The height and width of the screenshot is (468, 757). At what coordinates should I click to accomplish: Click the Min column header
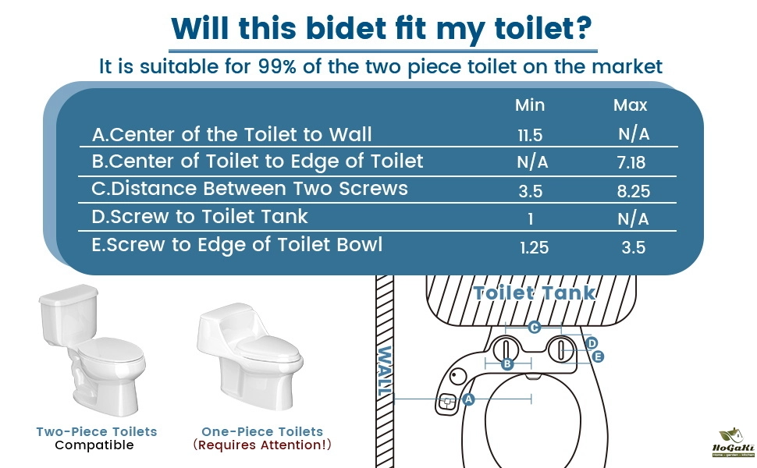pyautogui.click(x=530, y=105)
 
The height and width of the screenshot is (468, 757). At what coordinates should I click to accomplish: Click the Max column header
pyautogui.click(x=630, y=105)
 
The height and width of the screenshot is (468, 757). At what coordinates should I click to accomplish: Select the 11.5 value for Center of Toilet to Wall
pyautogui.click(x=530, y=136)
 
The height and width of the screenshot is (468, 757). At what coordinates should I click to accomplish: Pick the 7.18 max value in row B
pyautogui.click(x=631, y=162)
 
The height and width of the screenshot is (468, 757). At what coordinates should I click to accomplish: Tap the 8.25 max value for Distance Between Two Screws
pyautogui.click(x=634, y=191)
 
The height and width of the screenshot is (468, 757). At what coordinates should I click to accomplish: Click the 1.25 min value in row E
pyautogui.click(x=534, y=247)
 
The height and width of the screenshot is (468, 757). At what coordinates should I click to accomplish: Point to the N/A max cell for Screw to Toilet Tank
pyautogui.click(x=633, y=219)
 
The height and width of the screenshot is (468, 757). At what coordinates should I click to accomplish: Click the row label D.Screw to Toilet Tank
pyautogui.click(x=199, y=217)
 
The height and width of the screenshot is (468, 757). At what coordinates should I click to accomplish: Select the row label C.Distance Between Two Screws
pyautogui.click(x=250, y=189)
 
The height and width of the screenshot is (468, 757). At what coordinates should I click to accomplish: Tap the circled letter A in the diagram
pyautogui.click(x=467, y=399)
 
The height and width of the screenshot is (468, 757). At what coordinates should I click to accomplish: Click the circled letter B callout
pyautogui.click(x=507, y=363)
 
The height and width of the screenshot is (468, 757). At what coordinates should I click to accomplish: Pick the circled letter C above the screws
pyautogui.click(x=534, y=328)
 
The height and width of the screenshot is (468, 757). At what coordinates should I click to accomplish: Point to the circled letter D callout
pyautogui.click(x=592, y=343)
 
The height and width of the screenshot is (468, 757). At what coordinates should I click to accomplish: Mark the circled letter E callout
pyautogui.click(x=598, y=356)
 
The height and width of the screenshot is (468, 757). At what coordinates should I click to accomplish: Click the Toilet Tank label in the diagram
pyautogui.click(x=535, y=292)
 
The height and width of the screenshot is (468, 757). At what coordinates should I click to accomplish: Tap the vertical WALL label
pyautogui.click(x=385, y=371)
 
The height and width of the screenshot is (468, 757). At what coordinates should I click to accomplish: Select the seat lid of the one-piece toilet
pyautogui.click(x=268, y=349)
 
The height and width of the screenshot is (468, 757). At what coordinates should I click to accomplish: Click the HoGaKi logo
pyautogui.click(x=733, y=442)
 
